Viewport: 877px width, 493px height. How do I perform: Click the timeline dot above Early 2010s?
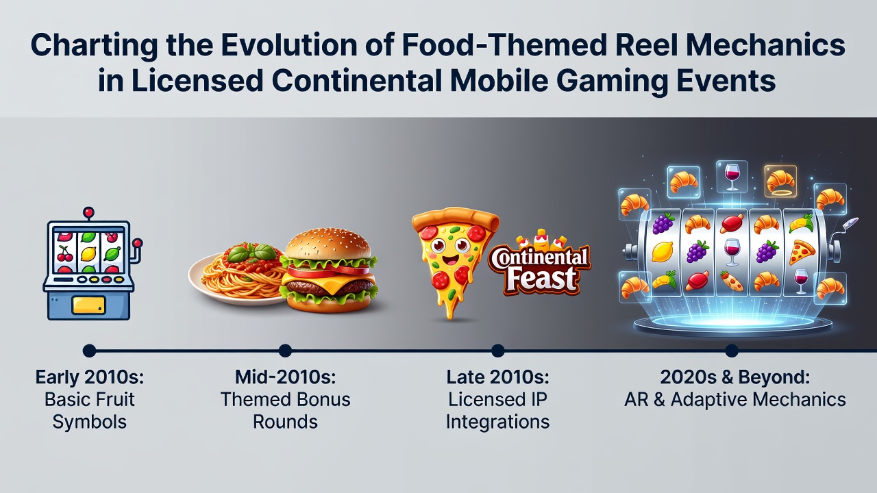89,351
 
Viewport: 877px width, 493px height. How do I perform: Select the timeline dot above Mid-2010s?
286,351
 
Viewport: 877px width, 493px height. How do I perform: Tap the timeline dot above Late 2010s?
497,351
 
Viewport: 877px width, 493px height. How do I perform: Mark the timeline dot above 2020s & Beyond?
731,351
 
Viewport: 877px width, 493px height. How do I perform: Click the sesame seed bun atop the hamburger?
328,243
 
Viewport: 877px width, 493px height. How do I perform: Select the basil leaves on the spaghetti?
253,253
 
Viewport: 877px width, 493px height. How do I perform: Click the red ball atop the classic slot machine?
89,212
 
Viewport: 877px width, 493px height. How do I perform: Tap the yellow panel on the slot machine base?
89,305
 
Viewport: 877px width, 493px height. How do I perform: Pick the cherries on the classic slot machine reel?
64,253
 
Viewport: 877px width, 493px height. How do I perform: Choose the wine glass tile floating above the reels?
732,177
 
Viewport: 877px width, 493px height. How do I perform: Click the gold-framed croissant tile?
780,181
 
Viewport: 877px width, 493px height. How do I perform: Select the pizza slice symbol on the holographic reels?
802,253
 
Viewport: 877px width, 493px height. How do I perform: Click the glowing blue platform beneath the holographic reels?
732,325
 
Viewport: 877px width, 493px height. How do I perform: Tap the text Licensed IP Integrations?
497,411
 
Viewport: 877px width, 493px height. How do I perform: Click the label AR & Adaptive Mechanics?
735,400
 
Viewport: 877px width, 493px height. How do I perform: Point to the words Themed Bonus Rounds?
286,411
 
